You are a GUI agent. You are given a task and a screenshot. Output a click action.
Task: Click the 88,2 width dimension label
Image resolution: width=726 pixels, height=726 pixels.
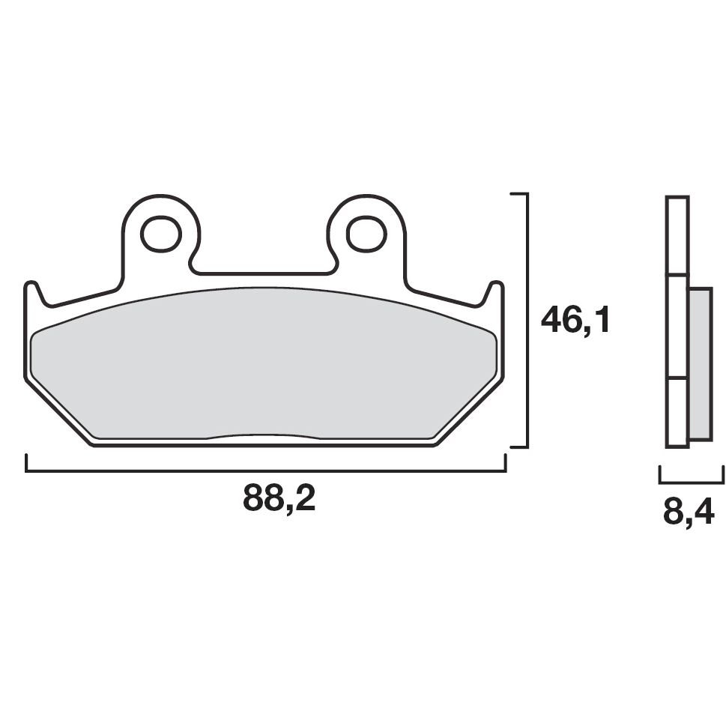coord(279,497)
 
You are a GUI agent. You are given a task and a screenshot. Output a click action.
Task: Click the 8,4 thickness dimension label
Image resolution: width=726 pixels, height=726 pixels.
coord(688,513)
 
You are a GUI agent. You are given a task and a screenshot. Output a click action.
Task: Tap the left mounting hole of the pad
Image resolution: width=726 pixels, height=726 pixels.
coord(161,234)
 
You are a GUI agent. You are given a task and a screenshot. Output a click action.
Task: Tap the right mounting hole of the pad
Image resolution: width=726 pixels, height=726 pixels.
coord(366,234)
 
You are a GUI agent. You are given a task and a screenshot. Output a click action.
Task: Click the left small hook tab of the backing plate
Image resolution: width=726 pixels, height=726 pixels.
coord(32,292)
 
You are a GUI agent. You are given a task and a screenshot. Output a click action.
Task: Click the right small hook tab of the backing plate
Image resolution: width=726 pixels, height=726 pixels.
coord(495,292)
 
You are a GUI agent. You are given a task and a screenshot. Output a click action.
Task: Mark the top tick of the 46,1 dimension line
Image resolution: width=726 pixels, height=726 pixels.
coord(520,194)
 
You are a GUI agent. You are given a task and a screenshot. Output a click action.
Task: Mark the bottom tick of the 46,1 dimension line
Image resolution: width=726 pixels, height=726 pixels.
coord(520,447)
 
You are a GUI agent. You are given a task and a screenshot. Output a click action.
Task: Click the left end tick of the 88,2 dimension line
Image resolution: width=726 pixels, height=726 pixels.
coord(26,464)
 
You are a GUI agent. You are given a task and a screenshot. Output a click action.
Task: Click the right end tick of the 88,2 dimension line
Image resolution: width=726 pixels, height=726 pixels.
coord(506,464)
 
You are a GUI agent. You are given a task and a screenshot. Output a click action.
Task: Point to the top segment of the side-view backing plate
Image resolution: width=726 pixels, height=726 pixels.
coord(677,235)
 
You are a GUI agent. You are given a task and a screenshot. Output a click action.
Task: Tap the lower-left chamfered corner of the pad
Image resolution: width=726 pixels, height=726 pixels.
coord(60,412)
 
